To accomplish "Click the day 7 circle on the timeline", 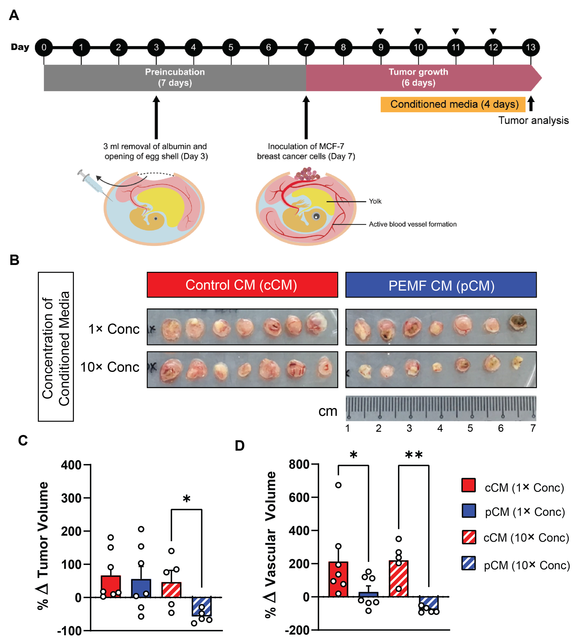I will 306,47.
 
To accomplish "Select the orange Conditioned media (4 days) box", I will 453,104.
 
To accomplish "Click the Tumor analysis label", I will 533,120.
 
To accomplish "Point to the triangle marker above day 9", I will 380,31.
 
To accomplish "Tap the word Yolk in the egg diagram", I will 375,201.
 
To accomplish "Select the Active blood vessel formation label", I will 412,224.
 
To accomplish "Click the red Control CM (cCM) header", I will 242,285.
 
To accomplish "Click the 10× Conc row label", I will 110,367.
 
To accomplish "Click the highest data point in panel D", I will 338,485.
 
